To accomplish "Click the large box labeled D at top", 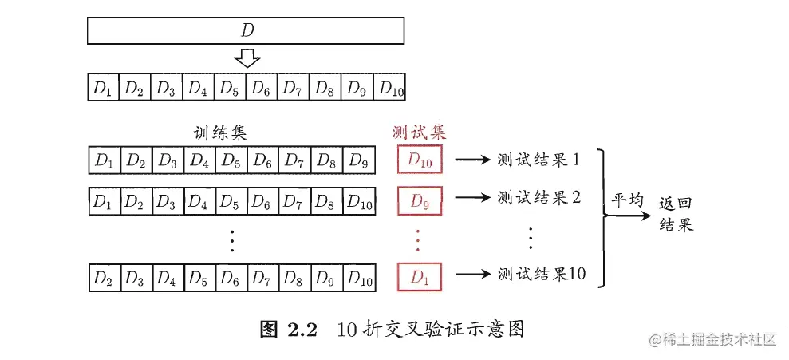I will tap(245, 30).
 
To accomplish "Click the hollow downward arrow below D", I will tap(249, 59).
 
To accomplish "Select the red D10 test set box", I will tap(419, 160).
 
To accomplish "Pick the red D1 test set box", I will tap(419, 278).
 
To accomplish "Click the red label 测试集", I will tap(420, 132).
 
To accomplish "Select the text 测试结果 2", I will tap(538, 197).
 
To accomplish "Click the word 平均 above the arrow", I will tap(628, 200).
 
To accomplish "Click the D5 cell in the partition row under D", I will tap(230, 88).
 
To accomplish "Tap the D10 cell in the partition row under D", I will tap(390, 88).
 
